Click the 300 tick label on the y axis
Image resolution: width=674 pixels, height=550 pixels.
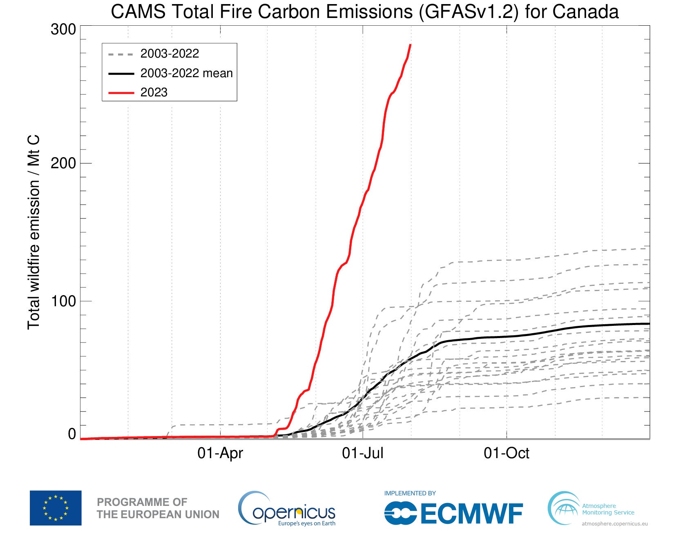[63, 29]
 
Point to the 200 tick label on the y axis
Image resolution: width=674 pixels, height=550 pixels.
[63, 163]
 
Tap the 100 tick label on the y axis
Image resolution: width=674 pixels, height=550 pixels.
[63, 301]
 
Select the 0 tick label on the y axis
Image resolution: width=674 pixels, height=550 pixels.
[72, 434]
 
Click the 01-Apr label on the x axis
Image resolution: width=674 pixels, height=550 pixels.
[220, 453]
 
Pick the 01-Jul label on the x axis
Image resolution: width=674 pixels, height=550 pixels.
[363, 453]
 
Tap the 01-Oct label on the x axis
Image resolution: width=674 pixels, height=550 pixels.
[507, 453]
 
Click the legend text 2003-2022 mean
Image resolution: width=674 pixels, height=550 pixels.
[186, 73]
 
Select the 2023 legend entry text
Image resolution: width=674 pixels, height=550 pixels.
[154, 92]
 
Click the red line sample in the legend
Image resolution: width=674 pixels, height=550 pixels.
[121, 93]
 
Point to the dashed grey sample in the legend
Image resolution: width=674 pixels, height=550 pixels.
[121, 54]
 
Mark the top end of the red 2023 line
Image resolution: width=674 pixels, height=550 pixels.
[410, 45]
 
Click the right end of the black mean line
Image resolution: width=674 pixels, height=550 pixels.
[648, 324]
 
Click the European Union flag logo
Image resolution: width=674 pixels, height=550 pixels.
[56, 508]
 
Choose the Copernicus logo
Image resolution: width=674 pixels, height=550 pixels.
[287, 509]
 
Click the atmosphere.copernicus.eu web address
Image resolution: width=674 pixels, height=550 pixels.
[614, 523]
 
